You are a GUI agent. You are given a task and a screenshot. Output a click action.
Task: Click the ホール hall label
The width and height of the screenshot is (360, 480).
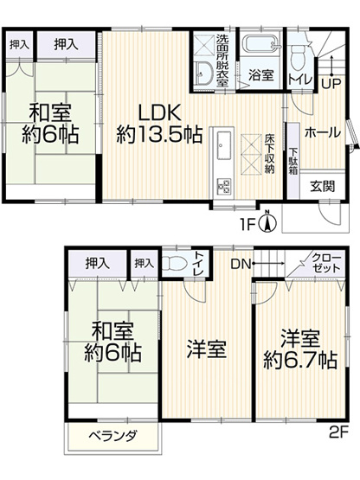pos(322,133)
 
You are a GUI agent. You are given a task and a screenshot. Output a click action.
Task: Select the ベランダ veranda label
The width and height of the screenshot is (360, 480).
pos(112,437)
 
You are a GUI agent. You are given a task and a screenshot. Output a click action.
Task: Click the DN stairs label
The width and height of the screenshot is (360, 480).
pos(240,263)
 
